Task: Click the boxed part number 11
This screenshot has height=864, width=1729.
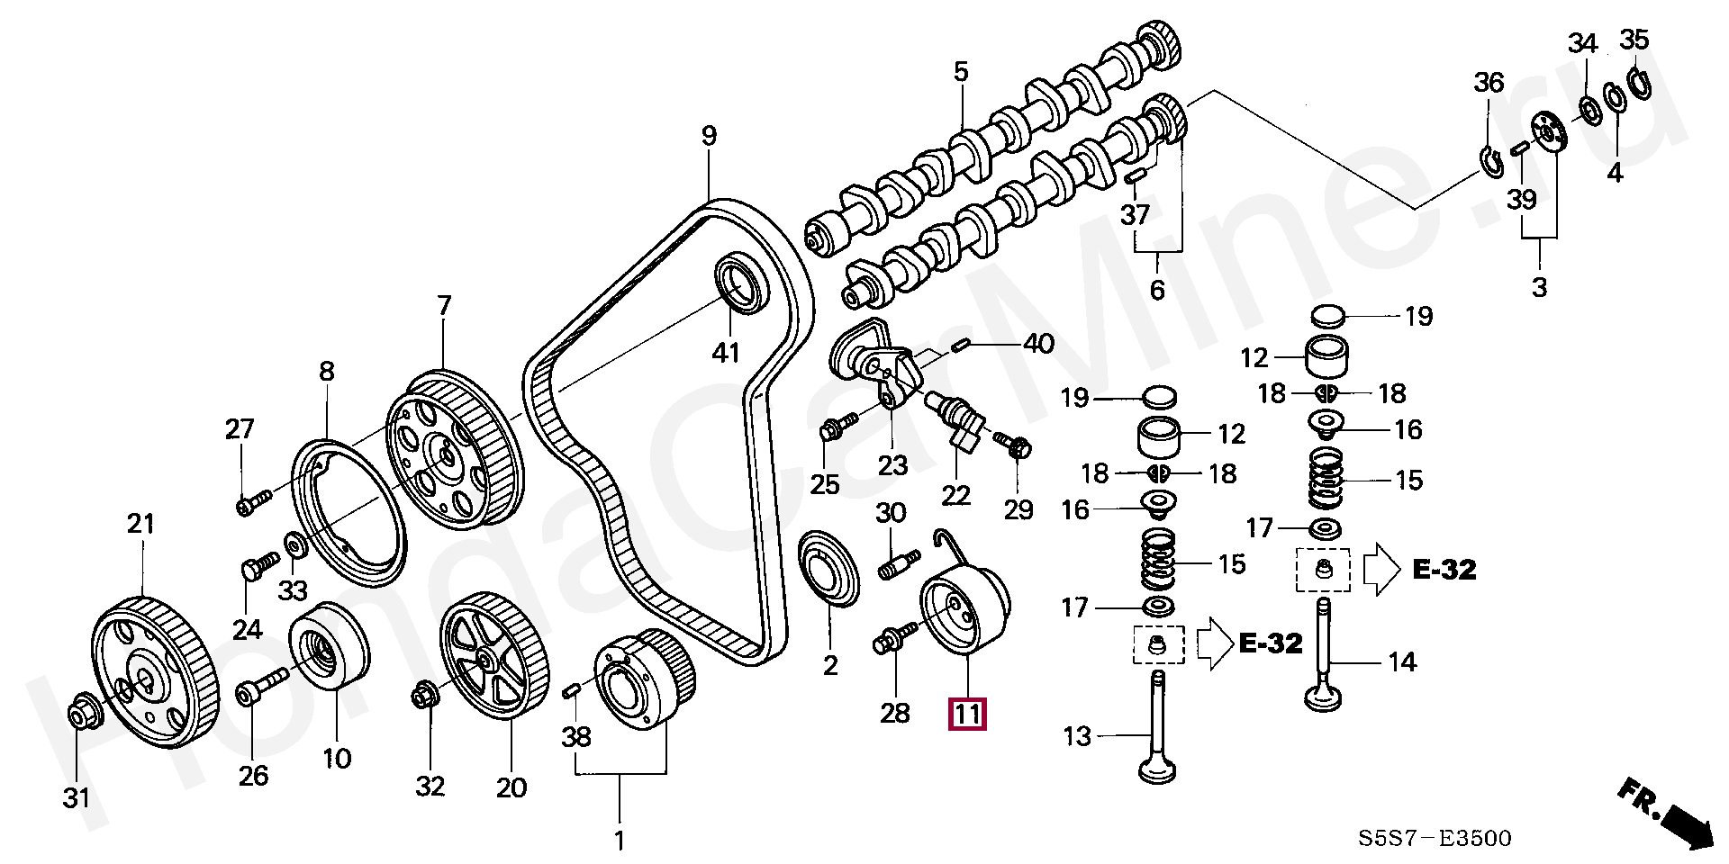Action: pyautogui.click(x=966, y=714)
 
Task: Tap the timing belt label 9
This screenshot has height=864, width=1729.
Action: pyautogui.click(x=710, y=136)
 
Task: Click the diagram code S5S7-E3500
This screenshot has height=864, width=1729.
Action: pyautogui.click(x=1435, y=839)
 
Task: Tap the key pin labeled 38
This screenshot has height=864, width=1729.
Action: pyautogui.click(x=569, y=690)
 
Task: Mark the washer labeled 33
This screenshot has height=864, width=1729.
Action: pyautogui.click(x=294, y=544)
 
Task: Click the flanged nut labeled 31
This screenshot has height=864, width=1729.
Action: pyautogui.click(x=85, y=710)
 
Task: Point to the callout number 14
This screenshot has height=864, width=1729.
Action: pyautogui.click(x=1402, y=663)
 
